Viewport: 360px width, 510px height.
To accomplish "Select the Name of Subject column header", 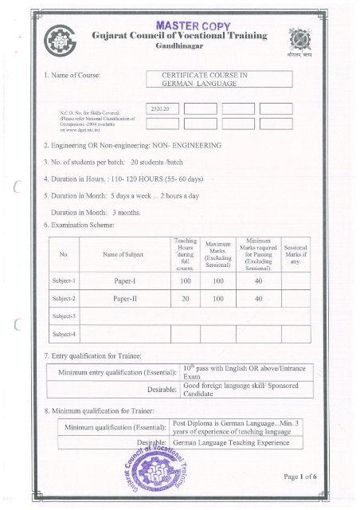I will click(x=119, y=255).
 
